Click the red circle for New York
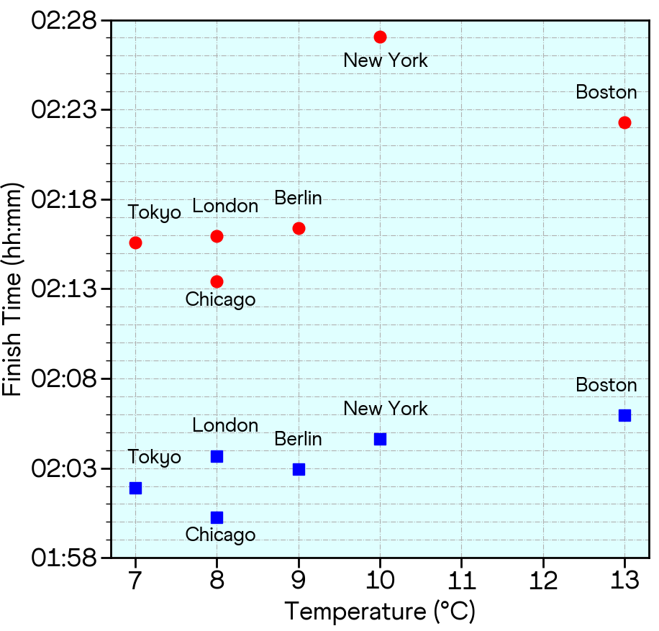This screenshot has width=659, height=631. point(380,37)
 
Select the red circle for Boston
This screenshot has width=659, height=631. point(624,122)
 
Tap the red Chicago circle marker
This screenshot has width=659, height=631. point(217,281)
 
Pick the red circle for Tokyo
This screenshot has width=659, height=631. point(135,242)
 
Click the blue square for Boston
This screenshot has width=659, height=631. point(624,415)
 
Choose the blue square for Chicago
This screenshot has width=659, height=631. point(217,517)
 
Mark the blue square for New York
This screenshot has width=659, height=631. point(380,439)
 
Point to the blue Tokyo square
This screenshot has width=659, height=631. point(135,488)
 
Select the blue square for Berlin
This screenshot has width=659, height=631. point(299,469)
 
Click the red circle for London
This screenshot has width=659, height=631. point(217,236)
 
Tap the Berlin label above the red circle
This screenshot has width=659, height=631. point(298,199)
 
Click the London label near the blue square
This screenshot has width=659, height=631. point(225,425)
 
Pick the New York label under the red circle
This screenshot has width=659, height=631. point(386,60)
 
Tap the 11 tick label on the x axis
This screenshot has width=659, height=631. point(461,581)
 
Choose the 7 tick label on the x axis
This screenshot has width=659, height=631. point(135,581)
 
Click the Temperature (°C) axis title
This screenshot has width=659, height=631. point(380,612)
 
